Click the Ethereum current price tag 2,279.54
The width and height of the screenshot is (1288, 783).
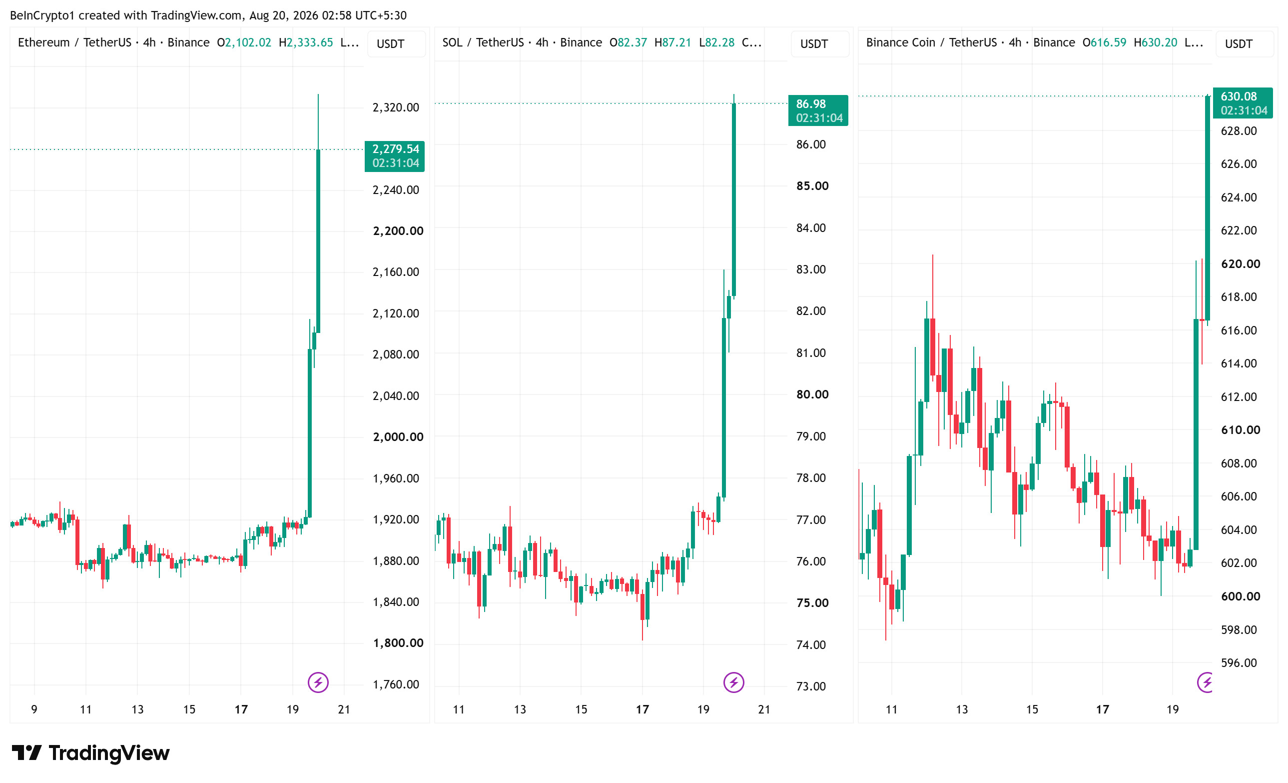point(395,156)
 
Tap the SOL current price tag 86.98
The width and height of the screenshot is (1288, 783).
point(818,110)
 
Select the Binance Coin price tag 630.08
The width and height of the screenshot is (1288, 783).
point(1243,103)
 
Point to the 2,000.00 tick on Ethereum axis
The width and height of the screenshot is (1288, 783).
point(398,436)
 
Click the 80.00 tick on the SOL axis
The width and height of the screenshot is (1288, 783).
point(812,394)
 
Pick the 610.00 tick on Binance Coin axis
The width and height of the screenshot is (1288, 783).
point(1241,430)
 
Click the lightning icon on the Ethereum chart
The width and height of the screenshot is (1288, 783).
point(318,682)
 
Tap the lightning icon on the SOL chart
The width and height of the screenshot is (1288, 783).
point(733,682)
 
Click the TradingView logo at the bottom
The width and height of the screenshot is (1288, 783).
point(90,752)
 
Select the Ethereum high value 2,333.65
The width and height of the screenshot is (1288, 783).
point(309,42)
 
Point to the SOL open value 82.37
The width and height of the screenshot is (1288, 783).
point(632,42)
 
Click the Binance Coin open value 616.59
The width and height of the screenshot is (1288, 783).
point(1108,42)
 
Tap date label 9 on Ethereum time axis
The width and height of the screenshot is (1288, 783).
point(34,709)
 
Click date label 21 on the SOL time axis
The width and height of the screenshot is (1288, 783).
point(764,709)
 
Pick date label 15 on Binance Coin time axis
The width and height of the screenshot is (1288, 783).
point(1032,709)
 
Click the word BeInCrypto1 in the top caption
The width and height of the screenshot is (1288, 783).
point(42,15)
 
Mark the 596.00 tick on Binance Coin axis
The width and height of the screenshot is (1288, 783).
point(1239,662)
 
